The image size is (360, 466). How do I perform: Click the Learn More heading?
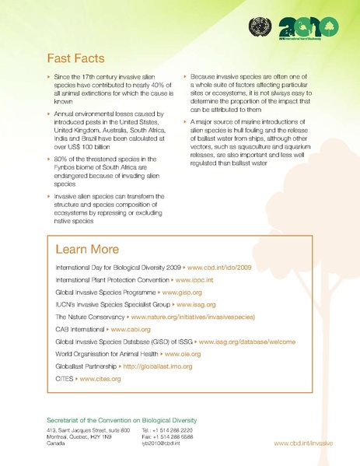click(x=87, y=250)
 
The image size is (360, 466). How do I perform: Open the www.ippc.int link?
click(x=195, y=278)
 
